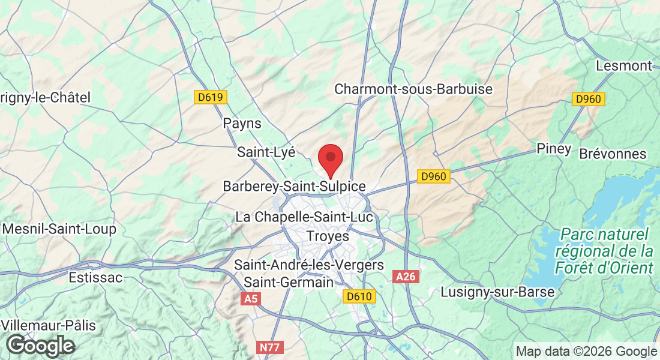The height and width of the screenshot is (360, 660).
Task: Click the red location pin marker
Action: tap(330, 160)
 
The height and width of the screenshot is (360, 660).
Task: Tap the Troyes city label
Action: tap(328, 236)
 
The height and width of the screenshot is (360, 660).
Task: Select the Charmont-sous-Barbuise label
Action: tap(413, 89)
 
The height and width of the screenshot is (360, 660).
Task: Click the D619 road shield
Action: tap(211, 97)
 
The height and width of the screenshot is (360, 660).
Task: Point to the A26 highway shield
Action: tap(406, 277)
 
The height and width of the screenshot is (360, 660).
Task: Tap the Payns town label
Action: tap(242, 124)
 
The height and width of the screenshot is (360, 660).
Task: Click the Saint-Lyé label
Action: tap(266, 152)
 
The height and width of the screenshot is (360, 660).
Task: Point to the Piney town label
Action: tap(554, 149)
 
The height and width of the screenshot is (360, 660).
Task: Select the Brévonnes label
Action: tap(613, 154)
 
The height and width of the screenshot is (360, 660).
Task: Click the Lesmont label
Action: tap(624, 66)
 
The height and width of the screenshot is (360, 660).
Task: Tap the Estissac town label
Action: tap(95, 278)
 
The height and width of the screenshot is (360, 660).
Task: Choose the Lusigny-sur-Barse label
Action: tap(497, 292)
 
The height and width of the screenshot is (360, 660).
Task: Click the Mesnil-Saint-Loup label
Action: tap(59, 229)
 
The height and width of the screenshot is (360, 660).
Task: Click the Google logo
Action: tap(40, 346)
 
